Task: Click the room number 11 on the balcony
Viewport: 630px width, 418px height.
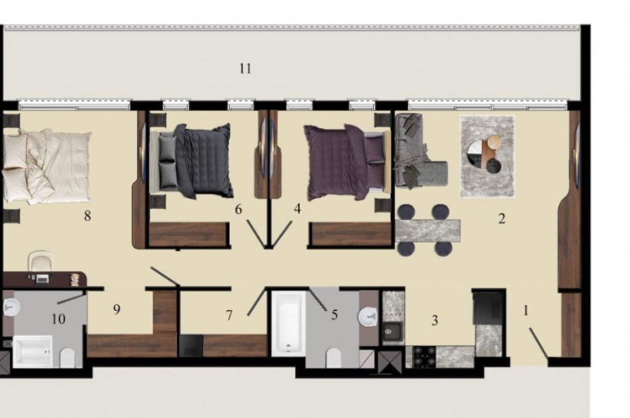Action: click(x=245, y=68)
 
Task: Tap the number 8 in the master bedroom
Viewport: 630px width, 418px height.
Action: click(x=87, y=216)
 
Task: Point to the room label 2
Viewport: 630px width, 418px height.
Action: click(x=501, y=219)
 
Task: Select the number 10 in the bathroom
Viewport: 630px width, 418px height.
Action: click(x=58, y=319)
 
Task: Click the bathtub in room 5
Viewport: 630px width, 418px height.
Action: click(x=289, y=324)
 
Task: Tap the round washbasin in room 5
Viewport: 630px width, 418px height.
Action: click(x=368, y=315)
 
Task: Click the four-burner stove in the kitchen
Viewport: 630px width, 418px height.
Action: click(x=425, y=357)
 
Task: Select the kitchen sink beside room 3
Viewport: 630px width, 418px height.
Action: click(x=391, y=331)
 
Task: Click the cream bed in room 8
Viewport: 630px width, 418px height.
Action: click(x=46, y=166)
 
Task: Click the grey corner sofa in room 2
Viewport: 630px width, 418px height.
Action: click(x=418, y=151)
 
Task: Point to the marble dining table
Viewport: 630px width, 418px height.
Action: click(x=428, y=231)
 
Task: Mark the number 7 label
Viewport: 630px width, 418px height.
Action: click(x=229, y=315)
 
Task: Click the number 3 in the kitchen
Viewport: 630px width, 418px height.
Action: click(x=434, y=320)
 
